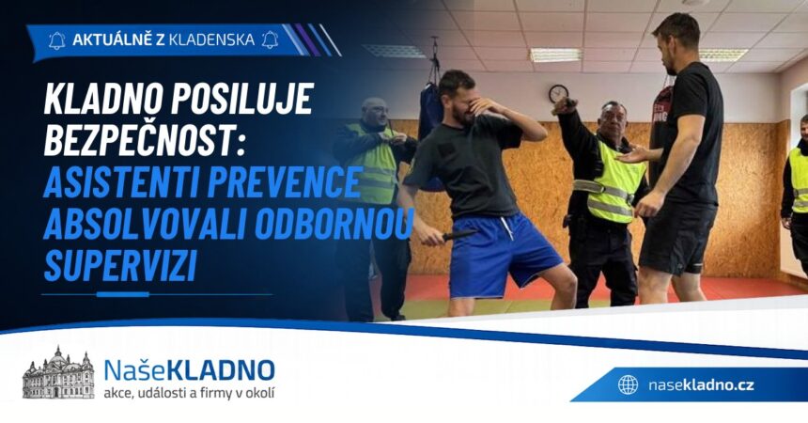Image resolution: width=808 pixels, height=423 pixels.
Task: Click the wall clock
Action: coord(558,93)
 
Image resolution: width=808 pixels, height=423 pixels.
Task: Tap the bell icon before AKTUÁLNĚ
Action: coord(56,40)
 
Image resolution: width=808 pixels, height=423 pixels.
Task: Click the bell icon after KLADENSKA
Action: coord(270,39)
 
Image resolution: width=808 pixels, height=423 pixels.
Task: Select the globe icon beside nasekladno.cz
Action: coord(628,384)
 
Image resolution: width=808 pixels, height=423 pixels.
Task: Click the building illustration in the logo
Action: coord(58,373)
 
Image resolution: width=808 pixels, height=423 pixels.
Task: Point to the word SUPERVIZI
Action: coord(120,266)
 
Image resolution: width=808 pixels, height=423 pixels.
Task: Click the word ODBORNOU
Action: coord(334,224)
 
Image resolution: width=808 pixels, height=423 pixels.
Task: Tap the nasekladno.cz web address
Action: coord(701,384)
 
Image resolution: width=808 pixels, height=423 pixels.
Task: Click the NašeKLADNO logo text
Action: coord(189,370)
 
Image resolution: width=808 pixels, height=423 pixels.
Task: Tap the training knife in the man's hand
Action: coord(459,235)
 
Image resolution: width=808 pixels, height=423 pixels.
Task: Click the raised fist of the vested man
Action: coord(565,105)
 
